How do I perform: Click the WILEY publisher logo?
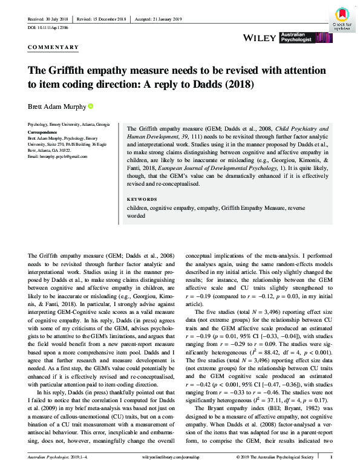pos(260,38)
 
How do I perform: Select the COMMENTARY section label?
pos(53,47)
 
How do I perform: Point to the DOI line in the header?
pos(48,28)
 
